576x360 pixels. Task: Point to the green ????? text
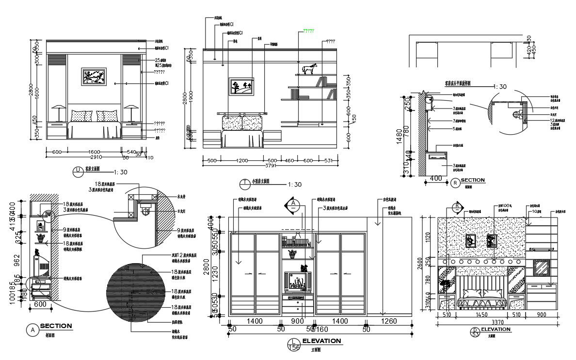point(308,31)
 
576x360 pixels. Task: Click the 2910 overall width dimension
point(94,157)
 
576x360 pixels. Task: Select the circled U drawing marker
point(77,170)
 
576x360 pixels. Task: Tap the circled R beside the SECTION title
point(454,183)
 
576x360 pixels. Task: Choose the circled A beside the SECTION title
point(32,329)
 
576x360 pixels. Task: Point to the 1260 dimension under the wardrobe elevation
point(389,321)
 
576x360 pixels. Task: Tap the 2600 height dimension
point(426,264)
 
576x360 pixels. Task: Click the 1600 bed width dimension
point(94,152)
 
